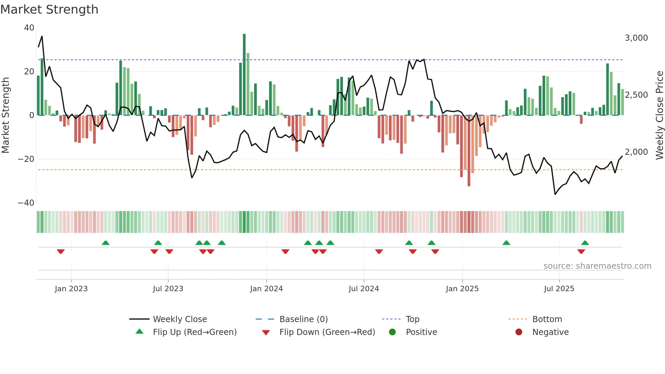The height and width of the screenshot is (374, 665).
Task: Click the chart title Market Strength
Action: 49,10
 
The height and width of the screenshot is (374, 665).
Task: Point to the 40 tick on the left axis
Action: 29,28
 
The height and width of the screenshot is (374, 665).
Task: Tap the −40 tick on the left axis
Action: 26,203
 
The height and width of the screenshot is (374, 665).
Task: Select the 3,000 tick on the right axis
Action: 636,38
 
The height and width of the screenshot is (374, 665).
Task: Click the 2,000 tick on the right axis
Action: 636,152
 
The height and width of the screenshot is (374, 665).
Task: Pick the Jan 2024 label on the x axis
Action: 266,289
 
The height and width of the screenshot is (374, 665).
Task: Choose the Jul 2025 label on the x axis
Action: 559,289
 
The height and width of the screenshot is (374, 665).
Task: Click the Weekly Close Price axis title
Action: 659,115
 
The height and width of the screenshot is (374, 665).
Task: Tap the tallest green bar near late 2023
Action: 244,75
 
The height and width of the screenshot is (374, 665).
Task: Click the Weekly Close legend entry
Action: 179,319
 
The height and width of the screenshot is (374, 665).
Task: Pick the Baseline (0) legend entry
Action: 303,319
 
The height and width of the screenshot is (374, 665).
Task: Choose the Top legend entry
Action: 412,319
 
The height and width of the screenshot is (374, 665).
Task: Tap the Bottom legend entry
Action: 547,319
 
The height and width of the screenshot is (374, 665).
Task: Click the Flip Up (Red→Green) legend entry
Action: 194,332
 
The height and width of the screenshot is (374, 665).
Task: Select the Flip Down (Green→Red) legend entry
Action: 327,332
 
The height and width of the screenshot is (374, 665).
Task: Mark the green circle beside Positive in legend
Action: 393,332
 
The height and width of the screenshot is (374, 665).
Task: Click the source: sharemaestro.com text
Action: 597,266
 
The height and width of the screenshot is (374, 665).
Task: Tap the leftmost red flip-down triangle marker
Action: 61,251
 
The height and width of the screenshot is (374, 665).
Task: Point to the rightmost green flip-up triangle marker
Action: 585,243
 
